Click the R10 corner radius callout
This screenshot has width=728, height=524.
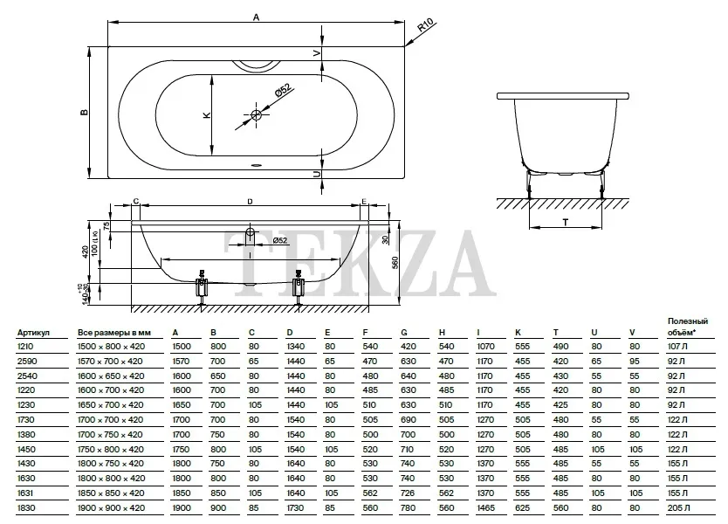click(425, 25)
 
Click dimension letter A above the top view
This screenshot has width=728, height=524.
click(257, 17)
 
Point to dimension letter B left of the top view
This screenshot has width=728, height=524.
click(84, 112)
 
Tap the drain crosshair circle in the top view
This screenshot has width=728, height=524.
click(257, 114)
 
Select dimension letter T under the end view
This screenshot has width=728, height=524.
click(565, 223)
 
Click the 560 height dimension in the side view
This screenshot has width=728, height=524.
click(395, 263)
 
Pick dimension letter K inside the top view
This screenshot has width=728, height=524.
click(207, 114)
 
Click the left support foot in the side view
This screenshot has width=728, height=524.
click(202, 287)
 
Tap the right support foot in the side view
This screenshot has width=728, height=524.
click(299, 287)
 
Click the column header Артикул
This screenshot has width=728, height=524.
click(33, 333)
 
